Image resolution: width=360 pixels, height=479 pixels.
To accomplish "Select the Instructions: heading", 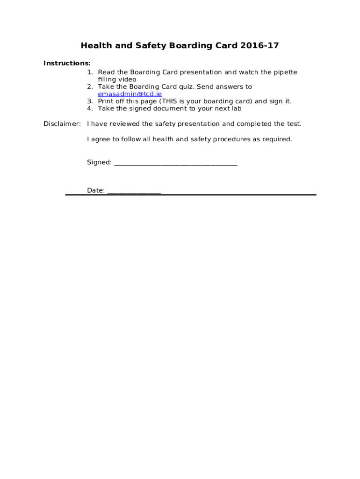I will coord(67,63).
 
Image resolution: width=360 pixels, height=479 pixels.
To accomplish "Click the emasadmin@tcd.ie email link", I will coord(130,94).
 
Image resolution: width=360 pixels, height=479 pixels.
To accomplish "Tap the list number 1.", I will coord(90,72).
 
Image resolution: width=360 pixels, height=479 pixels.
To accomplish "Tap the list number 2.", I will coord(90,87).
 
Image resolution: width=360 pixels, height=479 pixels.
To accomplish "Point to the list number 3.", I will coord(90,101).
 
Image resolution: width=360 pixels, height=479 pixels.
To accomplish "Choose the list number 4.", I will coord(90,109).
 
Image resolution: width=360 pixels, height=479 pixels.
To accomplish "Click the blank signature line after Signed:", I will coord(176,163).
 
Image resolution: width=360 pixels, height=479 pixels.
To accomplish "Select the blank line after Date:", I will coord(134,191).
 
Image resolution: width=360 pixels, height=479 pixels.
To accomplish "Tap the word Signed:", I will coord(99,162).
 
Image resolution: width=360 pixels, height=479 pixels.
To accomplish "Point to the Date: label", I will coord(96,190).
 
